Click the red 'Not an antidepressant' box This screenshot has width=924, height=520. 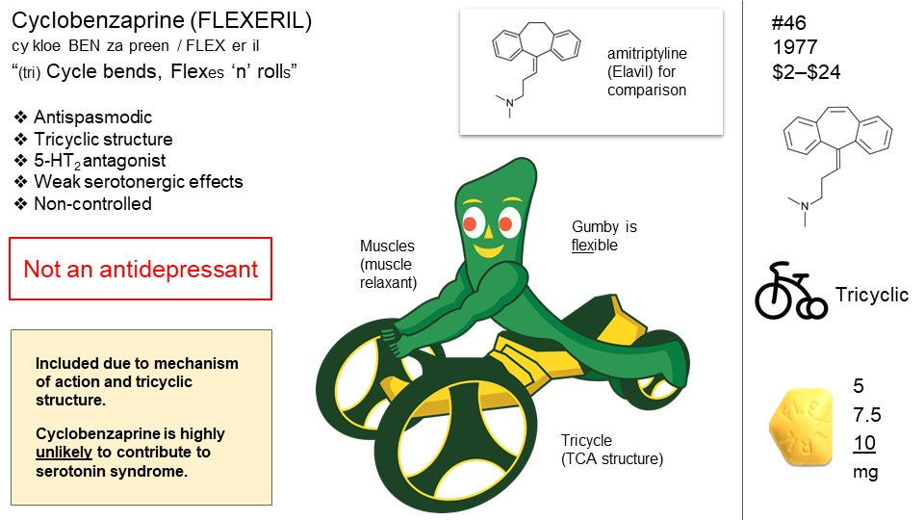click(141, 269)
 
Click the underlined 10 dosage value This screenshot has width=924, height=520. click(864, 444)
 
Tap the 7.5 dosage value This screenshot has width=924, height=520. click(866, 415)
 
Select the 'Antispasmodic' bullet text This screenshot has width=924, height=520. click(92, 117)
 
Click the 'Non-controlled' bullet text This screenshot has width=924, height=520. click(92, 203)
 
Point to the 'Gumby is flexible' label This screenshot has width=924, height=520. click(604, 236)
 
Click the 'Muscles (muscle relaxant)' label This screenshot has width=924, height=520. click(388, 264)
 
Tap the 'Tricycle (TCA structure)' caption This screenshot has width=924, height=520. click(612, 450)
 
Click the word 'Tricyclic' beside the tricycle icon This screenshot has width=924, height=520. click(871, 295)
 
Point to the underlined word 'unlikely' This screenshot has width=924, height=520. click(65, 452)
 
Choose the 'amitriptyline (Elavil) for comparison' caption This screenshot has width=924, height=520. click(646, 72)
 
